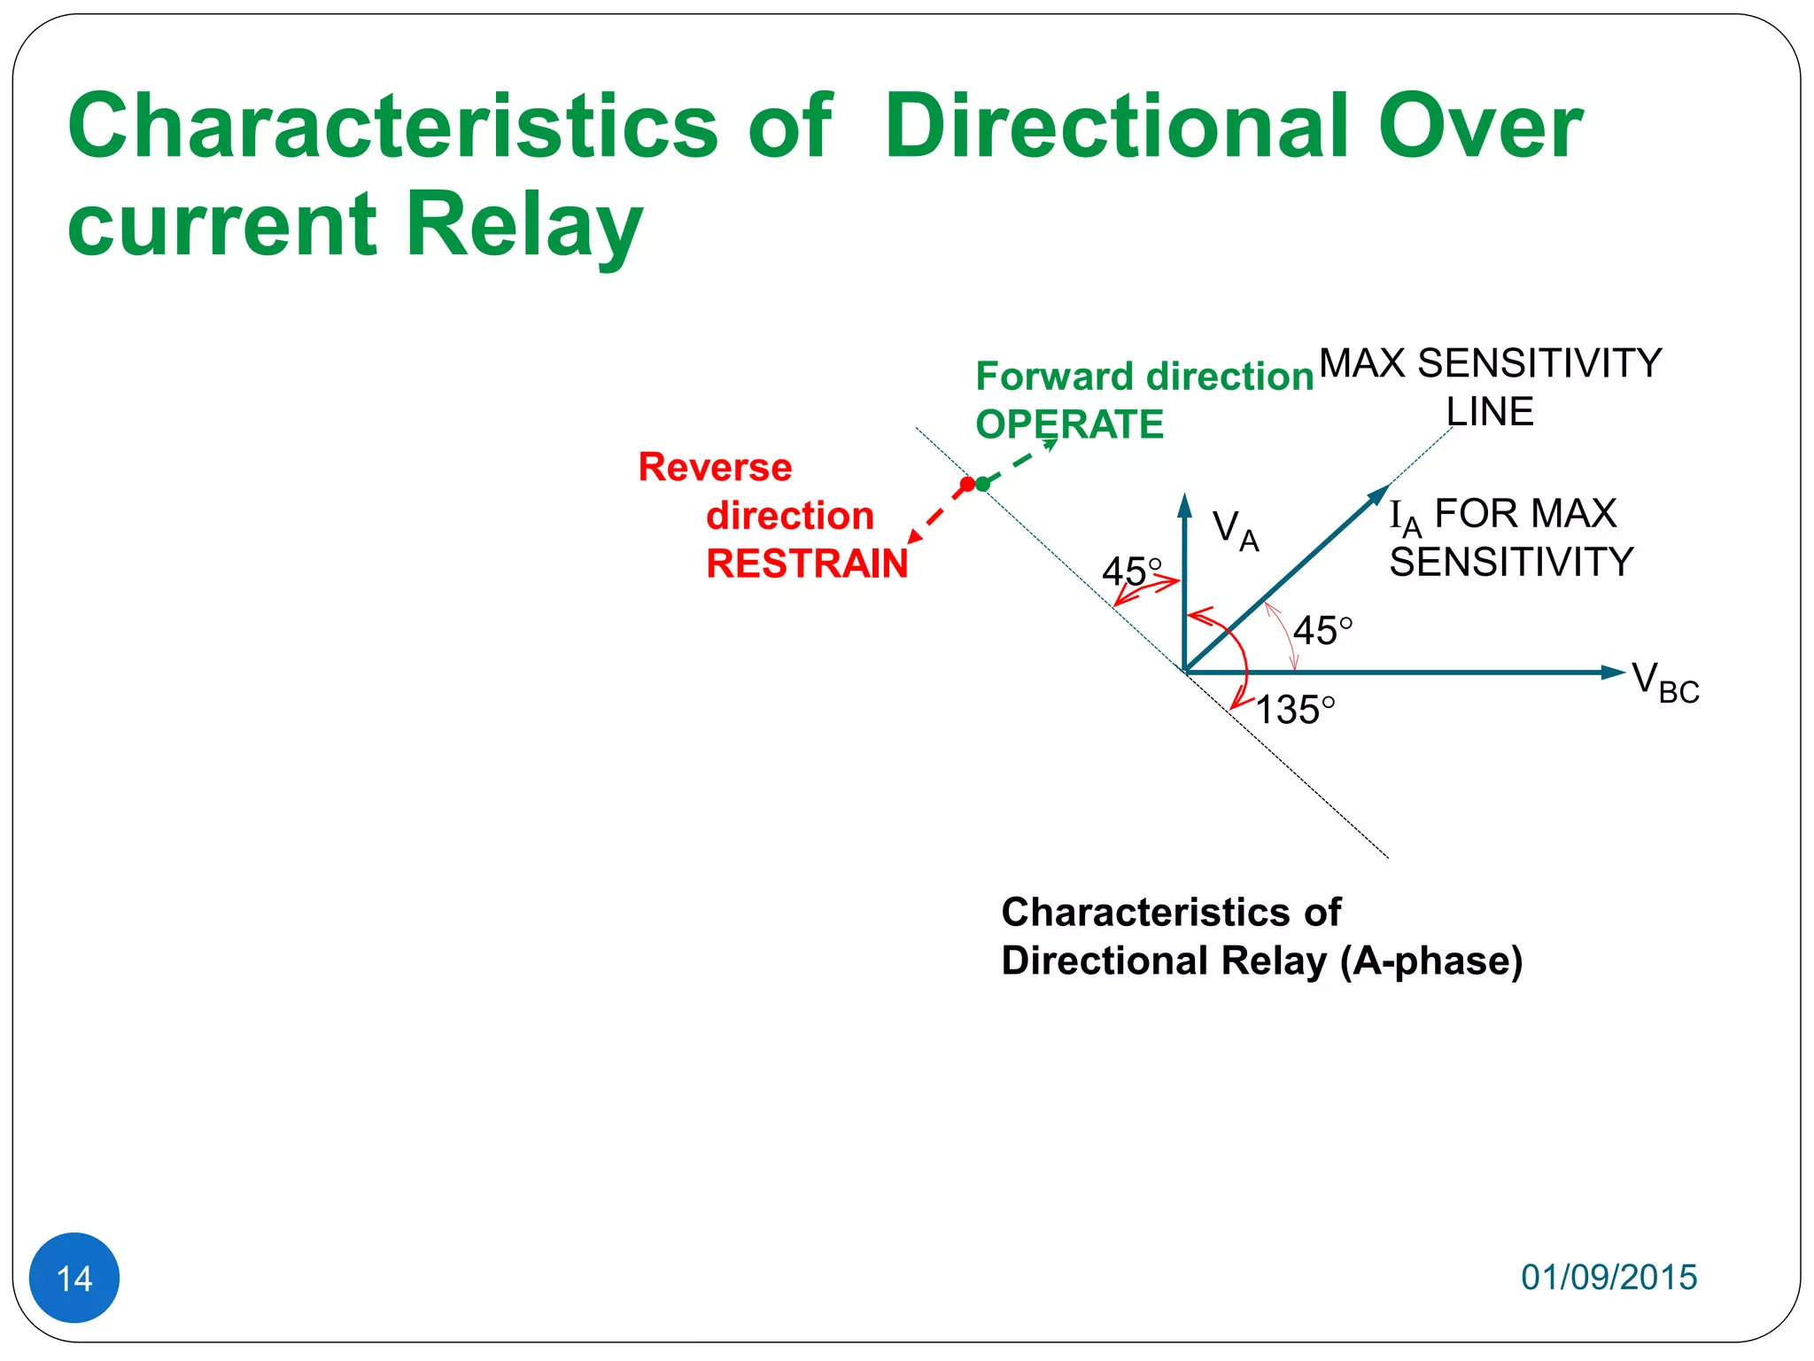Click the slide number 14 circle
tap(74, 1277)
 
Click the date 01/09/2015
tap(1609, 1277)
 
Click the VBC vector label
tap(1664, 682)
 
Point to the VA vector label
tap(1234, 530)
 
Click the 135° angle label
tap(1294, 710)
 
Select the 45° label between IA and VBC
tap(1322, 631)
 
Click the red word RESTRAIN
tap(807, 564)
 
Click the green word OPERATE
tap(1069, 424)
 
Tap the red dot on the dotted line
tap(967, 484)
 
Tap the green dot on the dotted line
tap(982, 484)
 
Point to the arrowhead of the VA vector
tap(1184, 505)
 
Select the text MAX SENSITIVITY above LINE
tap(1490, 363)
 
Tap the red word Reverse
tap(715, 467)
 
